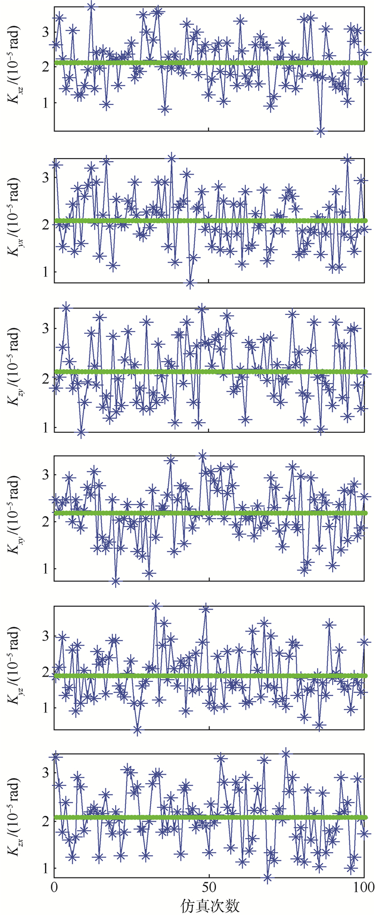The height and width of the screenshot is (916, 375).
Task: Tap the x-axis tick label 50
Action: point(209,887)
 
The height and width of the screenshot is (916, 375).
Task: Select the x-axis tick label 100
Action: point(364,887)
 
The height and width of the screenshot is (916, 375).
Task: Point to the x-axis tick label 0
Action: point(54,887)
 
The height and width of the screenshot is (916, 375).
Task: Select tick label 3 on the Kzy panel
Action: point(45,328)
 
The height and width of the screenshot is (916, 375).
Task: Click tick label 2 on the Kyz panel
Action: point(45,672)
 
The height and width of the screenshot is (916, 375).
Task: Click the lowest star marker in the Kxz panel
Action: point(321,131)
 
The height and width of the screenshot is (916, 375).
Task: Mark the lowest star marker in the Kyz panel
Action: point(138,730)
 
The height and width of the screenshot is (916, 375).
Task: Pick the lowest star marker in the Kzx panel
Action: point(267,877)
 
